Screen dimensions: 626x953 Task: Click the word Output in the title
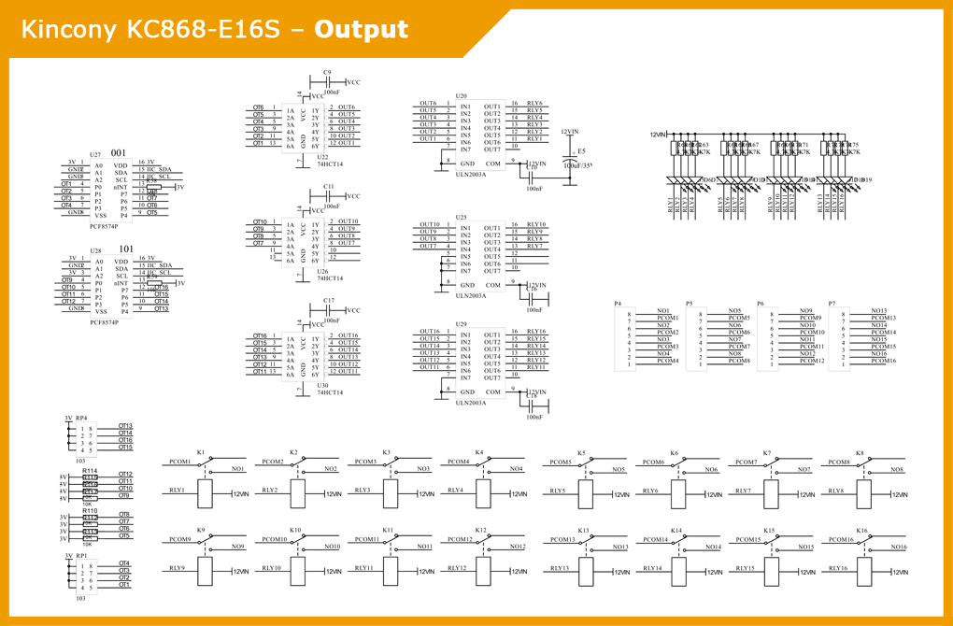[x=362, y=29]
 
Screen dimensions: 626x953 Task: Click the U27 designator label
[x=95, y=154]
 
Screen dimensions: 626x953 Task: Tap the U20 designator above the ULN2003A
[x=462, y=96]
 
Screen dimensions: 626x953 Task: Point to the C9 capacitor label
[x=327, y=72]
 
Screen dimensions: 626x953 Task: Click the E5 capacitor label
[x=582, y=149]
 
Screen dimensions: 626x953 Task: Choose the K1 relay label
[x=200, y=452]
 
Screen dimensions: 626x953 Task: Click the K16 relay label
[x=861, y=531]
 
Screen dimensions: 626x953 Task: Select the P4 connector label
[x=618, y=304]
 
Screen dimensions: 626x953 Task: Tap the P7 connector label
[x=832, y=304]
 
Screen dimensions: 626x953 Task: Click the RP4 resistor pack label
[x=81, y=418]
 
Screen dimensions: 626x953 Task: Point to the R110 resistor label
[x=90, y=510]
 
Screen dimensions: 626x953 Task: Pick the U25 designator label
[x=462, y=217]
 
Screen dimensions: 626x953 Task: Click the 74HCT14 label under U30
[x=330, y=392]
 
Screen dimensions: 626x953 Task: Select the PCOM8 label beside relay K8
[x=839, y=462]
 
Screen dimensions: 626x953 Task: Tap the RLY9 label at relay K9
[x=177, y=568]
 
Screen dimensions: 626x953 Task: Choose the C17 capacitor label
[x=329, y=301]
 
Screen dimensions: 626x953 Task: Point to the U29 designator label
[x=462, y=323]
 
